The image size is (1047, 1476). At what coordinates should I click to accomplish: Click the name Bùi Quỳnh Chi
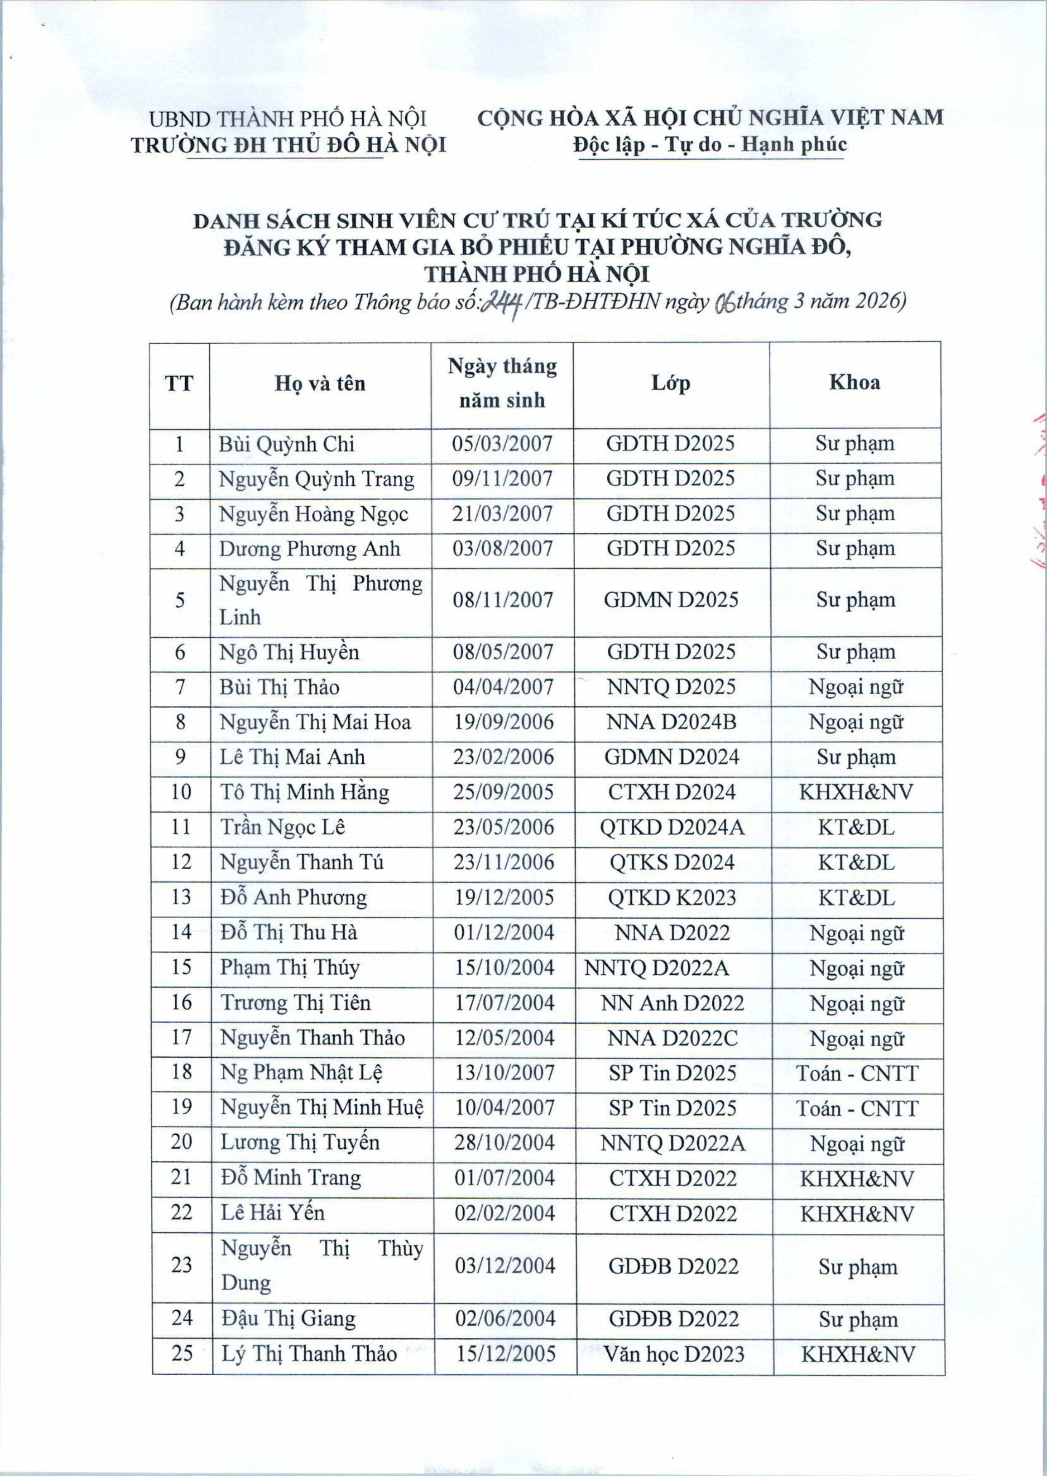pos(286,444)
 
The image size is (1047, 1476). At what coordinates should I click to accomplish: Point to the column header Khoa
pos(854,382)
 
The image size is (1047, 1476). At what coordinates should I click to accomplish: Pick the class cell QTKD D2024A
pos(672,827)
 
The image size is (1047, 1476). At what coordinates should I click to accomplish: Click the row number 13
pos(181,897)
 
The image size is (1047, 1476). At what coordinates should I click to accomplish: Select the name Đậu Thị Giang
pos(288,1318)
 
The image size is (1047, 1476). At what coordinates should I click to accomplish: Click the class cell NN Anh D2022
pos(673,1003)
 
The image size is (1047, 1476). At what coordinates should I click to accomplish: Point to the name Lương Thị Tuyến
pos(300,1143)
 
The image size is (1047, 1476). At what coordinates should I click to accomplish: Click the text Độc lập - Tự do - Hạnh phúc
pos(710,144)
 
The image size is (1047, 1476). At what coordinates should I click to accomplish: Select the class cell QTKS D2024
pos(672,862)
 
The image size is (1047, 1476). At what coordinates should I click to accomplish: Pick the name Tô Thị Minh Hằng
pos(304,792)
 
